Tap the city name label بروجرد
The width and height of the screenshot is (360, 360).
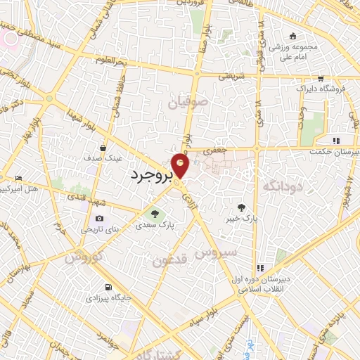(x=150, y=176)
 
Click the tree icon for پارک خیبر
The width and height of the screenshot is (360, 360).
(x=241, y=207)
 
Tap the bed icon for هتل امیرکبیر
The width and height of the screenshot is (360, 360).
(x=18, y=179)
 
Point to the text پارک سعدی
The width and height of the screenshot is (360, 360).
(x=155, y=226)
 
